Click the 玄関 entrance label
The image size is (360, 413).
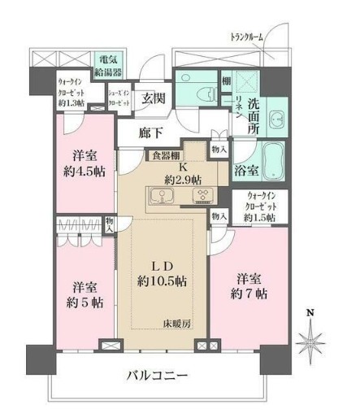pyautogui.click(x=154, y=101)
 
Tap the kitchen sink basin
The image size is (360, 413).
pyautogui.click(x=160, y=198)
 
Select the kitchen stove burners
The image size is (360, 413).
pyautogui.click(x=201, y=198)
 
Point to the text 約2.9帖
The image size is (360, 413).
pyautogui.click(x=184, y=180)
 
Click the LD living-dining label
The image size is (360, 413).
pyautogui.click(x=160, y=265)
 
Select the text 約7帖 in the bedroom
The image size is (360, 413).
pyautogui.click(x=247, y=296)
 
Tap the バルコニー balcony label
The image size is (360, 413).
pyautogui.click(x=158, y=376)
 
